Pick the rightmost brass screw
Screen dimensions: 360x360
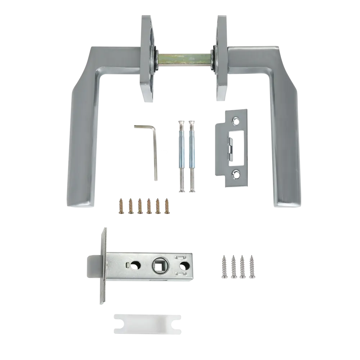coord(167,206)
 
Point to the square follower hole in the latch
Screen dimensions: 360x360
coord(159,266)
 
